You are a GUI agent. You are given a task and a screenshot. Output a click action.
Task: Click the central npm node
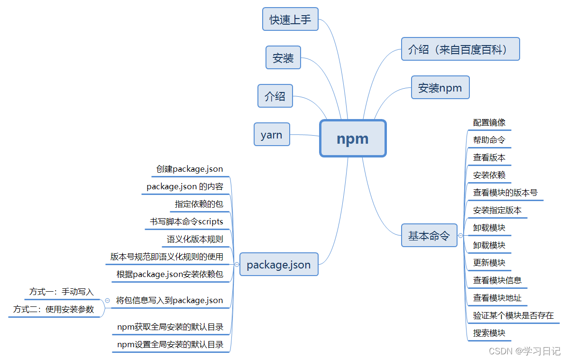pos(352,138)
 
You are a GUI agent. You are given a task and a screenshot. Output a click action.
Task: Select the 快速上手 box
pos(290,19)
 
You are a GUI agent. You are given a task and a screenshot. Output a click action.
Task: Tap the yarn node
pos(272,135)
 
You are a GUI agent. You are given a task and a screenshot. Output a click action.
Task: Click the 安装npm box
pos(440,88)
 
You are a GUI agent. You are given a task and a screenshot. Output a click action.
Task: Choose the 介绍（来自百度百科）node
pos(460,49)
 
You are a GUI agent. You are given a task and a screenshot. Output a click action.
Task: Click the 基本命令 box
pos(429,236)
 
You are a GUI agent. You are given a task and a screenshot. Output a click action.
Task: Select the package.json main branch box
pos(279,265)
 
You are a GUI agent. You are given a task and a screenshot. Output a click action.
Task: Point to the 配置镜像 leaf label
pos(489,123)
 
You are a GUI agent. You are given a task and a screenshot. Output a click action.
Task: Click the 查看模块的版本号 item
pos(505,193)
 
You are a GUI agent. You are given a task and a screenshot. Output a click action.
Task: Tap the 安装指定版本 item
pos(497,210)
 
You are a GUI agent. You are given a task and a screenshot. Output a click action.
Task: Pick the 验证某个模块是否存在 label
pos(513,315)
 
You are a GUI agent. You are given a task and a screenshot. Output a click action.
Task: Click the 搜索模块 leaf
pos(489,333)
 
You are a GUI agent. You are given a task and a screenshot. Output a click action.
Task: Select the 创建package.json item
pos(190,169)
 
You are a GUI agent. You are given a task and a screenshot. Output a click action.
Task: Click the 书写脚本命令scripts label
pos(186,222)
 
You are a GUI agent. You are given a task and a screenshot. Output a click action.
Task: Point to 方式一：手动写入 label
pos(62,292)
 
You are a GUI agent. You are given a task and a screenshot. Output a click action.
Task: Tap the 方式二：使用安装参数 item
pos(54,309)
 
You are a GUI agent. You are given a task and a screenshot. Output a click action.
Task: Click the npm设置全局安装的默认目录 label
pos(170,344)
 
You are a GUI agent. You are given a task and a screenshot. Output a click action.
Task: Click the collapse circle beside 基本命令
pos(460,236)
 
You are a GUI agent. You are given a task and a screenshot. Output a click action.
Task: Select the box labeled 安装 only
pos(283,58)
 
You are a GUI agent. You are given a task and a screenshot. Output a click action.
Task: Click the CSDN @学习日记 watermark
pos(524,351)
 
